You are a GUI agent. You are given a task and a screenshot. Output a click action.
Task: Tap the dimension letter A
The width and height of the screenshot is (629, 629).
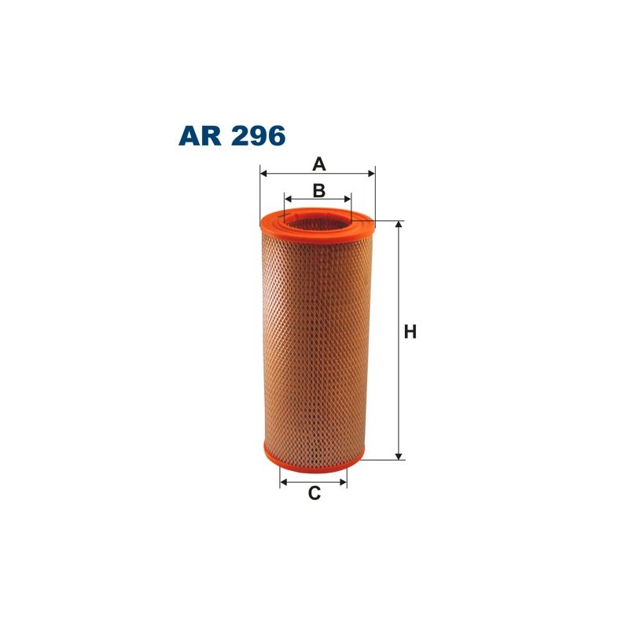(x=318, y=164)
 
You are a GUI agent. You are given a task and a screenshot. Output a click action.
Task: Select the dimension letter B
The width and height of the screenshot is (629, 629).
(x=318, y=190)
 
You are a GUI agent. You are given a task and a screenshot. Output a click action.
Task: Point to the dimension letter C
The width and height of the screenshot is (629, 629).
(x=314, y=494)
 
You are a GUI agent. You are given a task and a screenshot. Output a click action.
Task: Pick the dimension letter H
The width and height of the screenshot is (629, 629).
(x=410, y=333)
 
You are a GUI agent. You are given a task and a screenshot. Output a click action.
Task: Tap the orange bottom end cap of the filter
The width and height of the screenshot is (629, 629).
(x=314, y=455)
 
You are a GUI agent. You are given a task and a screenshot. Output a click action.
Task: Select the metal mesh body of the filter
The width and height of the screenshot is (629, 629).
(x=314, y=338)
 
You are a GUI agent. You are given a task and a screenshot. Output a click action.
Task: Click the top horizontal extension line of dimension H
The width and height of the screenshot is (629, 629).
(x=389, y=222)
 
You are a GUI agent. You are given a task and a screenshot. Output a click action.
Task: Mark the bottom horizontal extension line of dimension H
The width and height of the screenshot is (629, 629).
(x=385, y=459)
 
